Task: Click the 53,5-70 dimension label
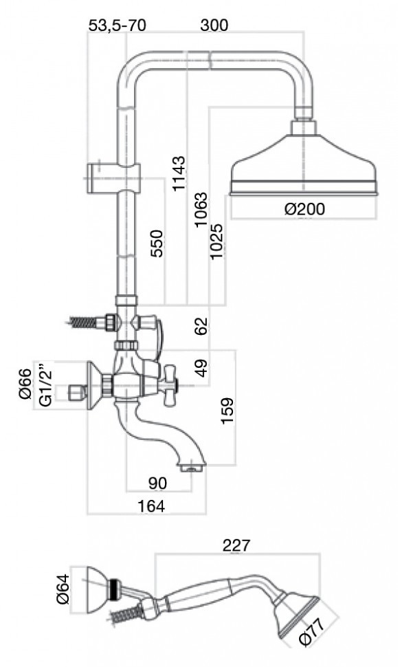117,25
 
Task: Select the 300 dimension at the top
214,25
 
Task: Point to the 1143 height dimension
179,173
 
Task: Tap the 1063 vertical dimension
201,210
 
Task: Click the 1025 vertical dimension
217,241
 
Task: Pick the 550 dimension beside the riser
157,243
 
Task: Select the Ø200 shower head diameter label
305,209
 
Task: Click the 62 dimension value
202,325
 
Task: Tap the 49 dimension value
202,368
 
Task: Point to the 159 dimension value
228,411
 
